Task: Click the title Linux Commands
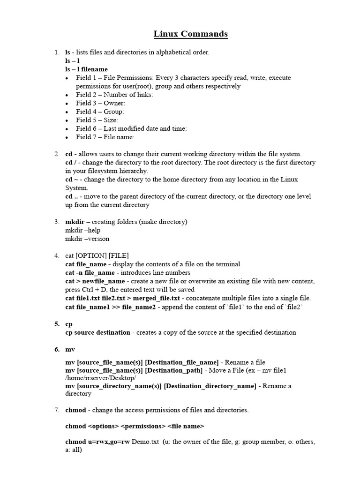click(x=190, y=34)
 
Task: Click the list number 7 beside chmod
click(x=56, y=410)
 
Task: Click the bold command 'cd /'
click(x=70, y=163)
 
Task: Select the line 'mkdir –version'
click(x=87, y=239)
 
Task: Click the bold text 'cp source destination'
click(x=97, y=332)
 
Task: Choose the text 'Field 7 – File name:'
click(x=105, y=137)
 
